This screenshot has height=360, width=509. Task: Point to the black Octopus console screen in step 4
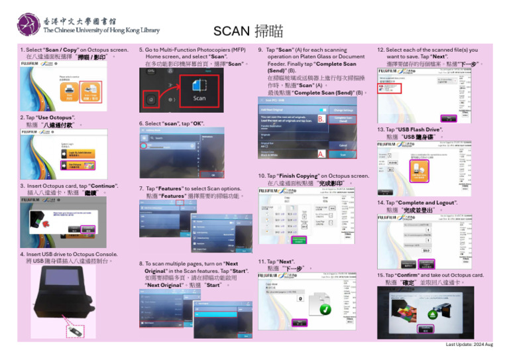click(62, 293)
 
